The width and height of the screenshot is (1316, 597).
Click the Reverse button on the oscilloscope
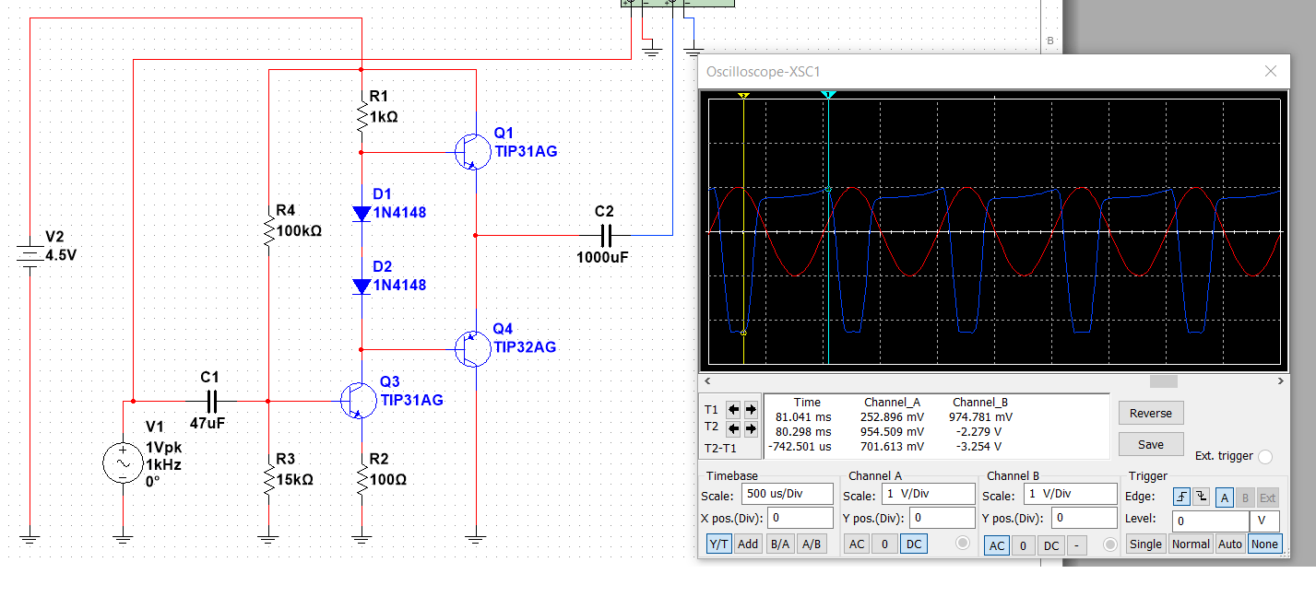click(1150, 414)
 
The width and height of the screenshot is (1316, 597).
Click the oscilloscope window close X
click(1271, 71)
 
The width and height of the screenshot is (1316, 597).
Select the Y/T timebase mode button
click(718, 544)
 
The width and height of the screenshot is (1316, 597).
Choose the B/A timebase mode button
click(780, 544)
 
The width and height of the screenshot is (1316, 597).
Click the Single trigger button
click(1145, 544)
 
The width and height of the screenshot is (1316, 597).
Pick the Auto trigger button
click(1229, 544)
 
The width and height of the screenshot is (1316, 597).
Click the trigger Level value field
click(1209, 521)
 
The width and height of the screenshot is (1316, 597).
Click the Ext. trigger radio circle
click(1265, 456)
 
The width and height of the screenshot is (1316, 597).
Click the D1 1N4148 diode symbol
click(362, 214)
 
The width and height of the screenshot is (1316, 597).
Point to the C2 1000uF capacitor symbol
click(605, 236)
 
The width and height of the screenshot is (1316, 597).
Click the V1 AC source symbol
click(122, 462)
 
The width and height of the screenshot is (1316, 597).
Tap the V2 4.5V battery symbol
click(30, 253)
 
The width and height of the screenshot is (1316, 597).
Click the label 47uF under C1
click(207, 425)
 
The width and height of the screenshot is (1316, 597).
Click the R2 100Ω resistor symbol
click(362, 479)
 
